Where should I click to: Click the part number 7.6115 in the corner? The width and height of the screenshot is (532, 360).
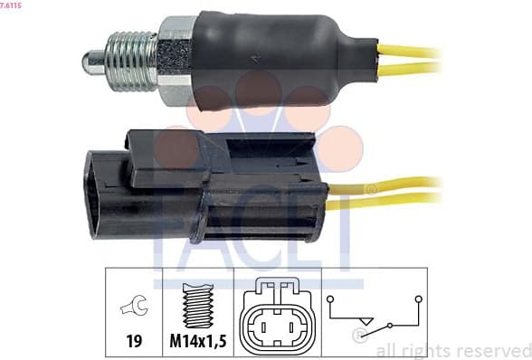(11, 5)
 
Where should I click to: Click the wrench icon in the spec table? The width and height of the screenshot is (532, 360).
(131, 310)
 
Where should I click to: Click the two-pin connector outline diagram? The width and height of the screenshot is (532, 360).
(271, 314)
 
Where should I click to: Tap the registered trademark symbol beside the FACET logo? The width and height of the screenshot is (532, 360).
(369, 189)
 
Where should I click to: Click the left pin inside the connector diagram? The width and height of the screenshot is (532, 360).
(261, 324)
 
